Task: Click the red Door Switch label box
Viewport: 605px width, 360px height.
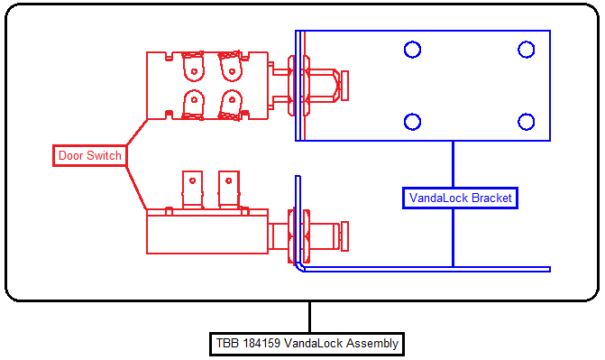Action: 89,156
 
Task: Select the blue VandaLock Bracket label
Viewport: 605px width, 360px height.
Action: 460,198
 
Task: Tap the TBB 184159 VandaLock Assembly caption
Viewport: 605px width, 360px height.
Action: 307,344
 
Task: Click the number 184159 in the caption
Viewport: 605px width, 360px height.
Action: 261,344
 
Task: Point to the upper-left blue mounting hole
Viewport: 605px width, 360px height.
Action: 412,50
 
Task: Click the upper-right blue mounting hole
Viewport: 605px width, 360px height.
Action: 526,50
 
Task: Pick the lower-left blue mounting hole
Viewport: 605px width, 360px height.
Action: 412,122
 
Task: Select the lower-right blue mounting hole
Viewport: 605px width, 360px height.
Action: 526,122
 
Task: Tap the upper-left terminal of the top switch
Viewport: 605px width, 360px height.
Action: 193,67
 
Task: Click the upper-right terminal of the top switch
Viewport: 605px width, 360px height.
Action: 231,67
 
